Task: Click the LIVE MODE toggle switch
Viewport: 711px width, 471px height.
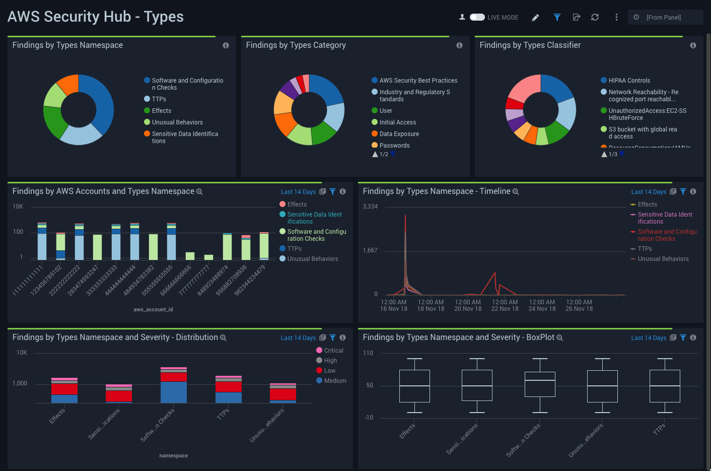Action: point(477,17)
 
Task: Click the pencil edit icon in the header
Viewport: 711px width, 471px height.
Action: point(535,18)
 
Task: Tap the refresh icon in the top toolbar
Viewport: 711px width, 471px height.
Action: point(595,17)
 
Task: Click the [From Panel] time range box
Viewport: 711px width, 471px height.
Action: point(665,17)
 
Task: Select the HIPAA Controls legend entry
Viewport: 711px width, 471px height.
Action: point(629,81)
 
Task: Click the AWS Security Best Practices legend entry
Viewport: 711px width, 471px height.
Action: point(418,81)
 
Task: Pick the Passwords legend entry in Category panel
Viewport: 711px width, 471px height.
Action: point(394,146)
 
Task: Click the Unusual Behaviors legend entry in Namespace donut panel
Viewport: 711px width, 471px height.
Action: point(177,122)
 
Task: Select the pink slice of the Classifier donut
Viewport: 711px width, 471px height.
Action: point(526,88)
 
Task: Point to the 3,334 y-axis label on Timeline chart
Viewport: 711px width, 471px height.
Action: point(370,207)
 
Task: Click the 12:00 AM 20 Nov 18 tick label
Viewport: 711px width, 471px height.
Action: point(468,306)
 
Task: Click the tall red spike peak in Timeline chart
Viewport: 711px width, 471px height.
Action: point(405,217)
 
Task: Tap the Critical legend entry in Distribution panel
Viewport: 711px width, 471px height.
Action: point(333,351)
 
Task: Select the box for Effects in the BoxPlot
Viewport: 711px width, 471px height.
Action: point(414,386)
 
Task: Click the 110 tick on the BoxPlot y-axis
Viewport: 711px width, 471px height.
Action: point(368,353)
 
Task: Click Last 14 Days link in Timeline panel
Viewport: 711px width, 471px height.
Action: point(649,192)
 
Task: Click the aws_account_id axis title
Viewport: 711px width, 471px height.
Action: point(153,309)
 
